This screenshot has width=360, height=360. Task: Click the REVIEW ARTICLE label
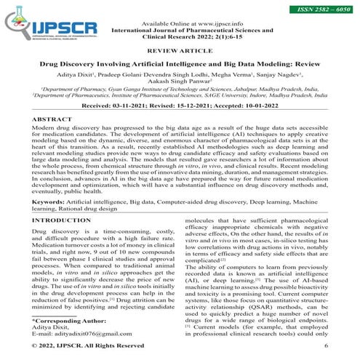tap(180, 52)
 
